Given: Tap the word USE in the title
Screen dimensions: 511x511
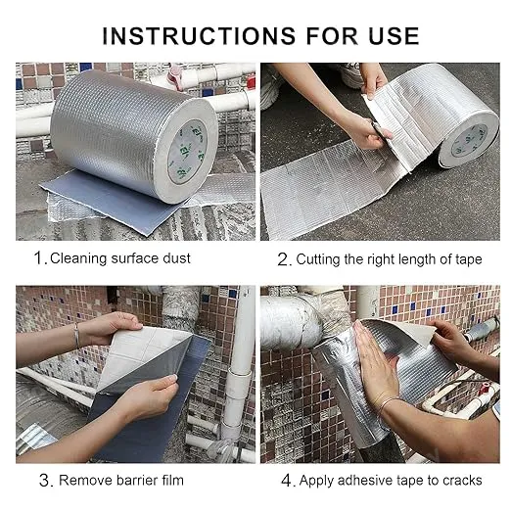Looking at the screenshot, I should [386, 36].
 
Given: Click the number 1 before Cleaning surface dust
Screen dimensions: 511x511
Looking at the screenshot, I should [39, 259].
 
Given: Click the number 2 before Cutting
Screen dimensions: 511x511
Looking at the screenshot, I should [283, 259].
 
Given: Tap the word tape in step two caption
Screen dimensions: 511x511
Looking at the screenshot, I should [466, 259].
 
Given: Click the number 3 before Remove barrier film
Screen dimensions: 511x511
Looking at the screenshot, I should [43, 480].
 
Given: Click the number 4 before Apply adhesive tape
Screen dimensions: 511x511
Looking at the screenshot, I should [285, 480].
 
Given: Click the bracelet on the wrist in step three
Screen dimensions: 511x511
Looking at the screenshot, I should [76, 335].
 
